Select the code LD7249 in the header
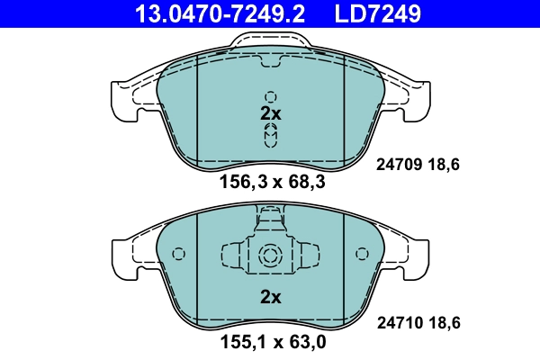click(x=379, y=13)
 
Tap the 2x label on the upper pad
click(x=271, y=114)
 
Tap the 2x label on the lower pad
click(x=271, y=296)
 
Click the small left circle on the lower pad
click(x=177, y=254)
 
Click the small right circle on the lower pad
click(x=363, y=254)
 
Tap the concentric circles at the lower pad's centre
click(x=270, y=255)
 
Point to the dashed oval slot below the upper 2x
click(x=271, y=135)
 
